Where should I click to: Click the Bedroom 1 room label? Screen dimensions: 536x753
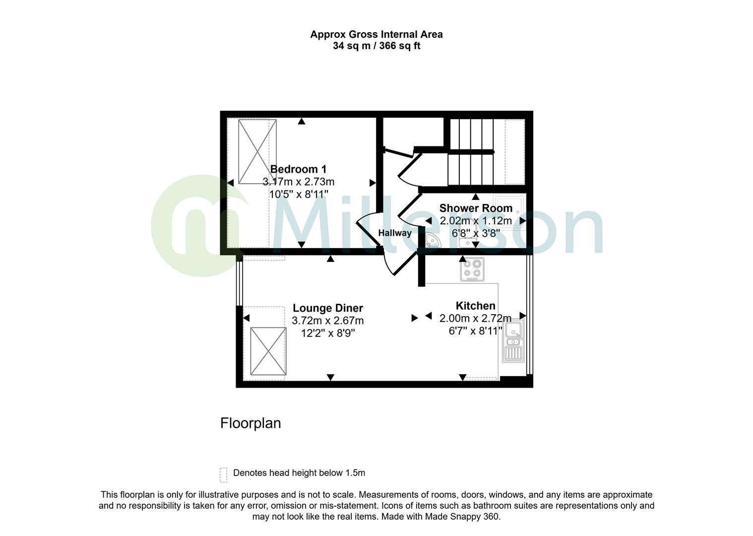click(298, 169)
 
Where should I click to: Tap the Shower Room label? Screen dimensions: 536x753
click(476, 208)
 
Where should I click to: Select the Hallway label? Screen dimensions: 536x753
click(395, 233)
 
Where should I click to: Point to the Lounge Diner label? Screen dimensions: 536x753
click(327, 308)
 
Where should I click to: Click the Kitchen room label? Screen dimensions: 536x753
click(475, 306)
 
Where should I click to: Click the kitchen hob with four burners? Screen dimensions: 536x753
click(472, 269)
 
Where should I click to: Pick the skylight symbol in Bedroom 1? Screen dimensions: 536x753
click(257, 151)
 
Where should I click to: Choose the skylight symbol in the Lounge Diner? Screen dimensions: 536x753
click(268, 351)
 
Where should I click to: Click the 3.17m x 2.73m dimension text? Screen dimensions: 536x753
click(298, 182)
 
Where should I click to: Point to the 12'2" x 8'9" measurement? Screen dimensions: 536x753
click(327, 333)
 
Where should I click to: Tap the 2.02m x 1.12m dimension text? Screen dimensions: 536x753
click(476, 220)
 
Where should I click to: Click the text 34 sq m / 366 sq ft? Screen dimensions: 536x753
click(376, 46)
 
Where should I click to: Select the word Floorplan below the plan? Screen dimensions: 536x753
click(251, 423)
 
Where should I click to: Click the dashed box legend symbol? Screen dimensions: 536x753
click(223, 474)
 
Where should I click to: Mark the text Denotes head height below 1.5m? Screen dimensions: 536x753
click(299, 473)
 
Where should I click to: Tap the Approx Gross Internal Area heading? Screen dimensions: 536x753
click(376, 34)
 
